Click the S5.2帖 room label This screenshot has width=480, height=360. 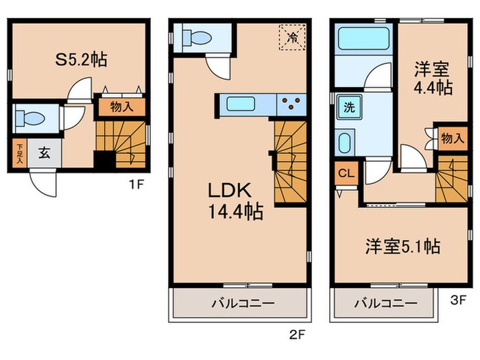click(x=80, y=59)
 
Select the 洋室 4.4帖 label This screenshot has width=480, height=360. click(x=433, y=78)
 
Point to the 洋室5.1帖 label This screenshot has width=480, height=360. click(x=401, y=245)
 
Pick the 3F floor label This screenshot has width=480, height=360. click(x=457, y=300)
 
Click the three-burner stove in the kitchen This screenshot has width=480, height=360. click(x=293, y=104)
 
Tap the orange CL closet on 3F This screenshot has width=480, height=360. click(x=346, y=173)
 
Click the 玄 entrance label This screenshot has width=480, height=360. click(x=44, y=152)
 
